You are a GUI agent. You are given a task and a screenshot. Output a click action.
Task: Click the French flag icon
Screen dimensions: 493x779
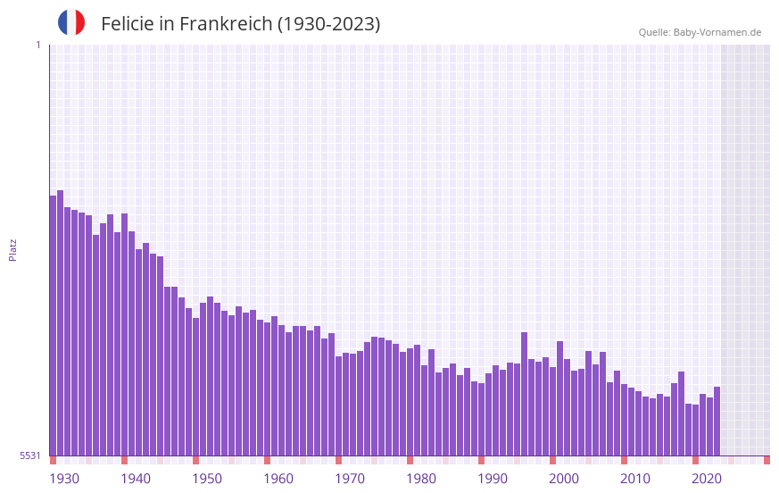tap(71, 22)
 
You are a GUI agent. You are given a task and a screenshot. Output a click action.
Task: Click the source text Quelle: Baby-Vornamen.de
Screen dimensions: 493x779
tap(700, 32)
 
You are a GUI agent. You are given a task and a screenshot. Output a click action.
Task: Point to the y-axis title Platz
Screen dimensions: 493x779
tap(12, 249)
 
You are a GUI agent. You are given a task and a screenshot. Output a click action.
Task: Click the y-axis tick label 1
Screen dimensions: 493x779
tap(37, 45)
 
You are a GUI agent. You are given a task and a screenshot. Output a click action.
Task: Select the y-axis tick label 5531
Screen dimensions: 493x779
tap(29, 455)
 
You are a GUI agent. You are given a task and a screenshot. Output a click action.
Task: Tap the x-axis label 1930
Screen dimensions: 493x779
tap(64, 479)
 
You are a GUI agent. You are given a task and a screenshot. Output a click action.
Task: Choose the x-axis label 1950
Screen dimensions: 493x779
tap(207, 479)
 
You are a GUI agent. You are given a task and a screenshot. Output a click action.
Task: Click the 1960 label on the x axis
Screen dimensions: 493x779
tap(278, 479)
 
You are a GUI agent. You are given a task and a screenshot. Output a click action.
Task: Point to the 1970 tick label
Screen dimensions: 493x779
tap(350, 479)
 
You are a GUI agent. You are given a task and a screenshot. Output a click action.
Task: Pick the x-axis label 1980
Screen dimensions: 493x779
tap(421, 479)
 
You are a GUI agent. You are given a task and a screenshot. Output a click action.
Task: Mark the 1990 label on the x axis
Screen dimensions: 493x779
tap(493, 479)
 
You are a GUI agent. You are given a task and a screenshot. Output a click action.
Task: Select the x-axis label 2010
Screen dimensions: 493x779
tap(635, 479)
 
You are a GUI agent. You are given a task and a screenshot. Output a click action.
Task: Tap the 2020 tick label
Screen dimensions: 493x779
tap(707, 479)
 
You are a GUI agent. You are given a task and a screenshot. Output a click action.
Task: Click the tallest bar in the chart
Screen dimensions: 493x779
tap(60, 322)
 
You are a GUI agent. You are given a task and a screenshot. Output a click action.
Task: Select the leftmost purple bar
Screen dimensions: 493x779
tap(53, 326)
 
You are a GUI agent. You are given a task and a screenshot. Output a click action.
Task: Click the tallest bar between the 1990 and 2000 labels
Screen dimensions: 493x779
tap(524, 394)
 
